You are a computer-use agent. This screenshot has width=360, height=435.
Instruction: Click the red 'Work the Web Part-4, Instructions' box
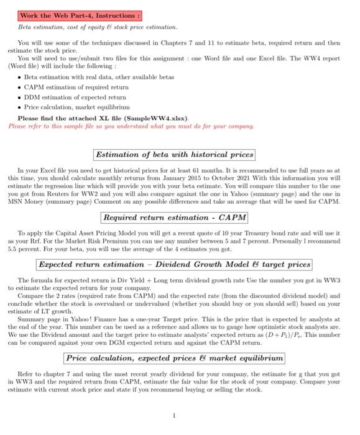80,15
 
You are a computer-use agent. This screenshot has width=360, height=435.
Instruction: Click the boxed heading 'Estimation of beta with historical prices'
174,154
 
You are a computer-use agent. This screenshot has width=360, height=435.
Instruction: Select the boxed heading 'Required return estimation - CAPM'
174,217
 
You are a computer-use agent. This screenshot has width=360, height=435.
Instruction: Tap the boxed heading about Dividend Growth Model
174,264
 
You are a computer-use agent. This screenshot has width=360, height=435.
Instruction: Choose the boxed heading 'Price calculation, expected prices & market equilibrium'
174,358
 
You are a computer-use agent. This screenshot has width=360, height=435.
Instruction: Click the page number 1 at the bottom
175,415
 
